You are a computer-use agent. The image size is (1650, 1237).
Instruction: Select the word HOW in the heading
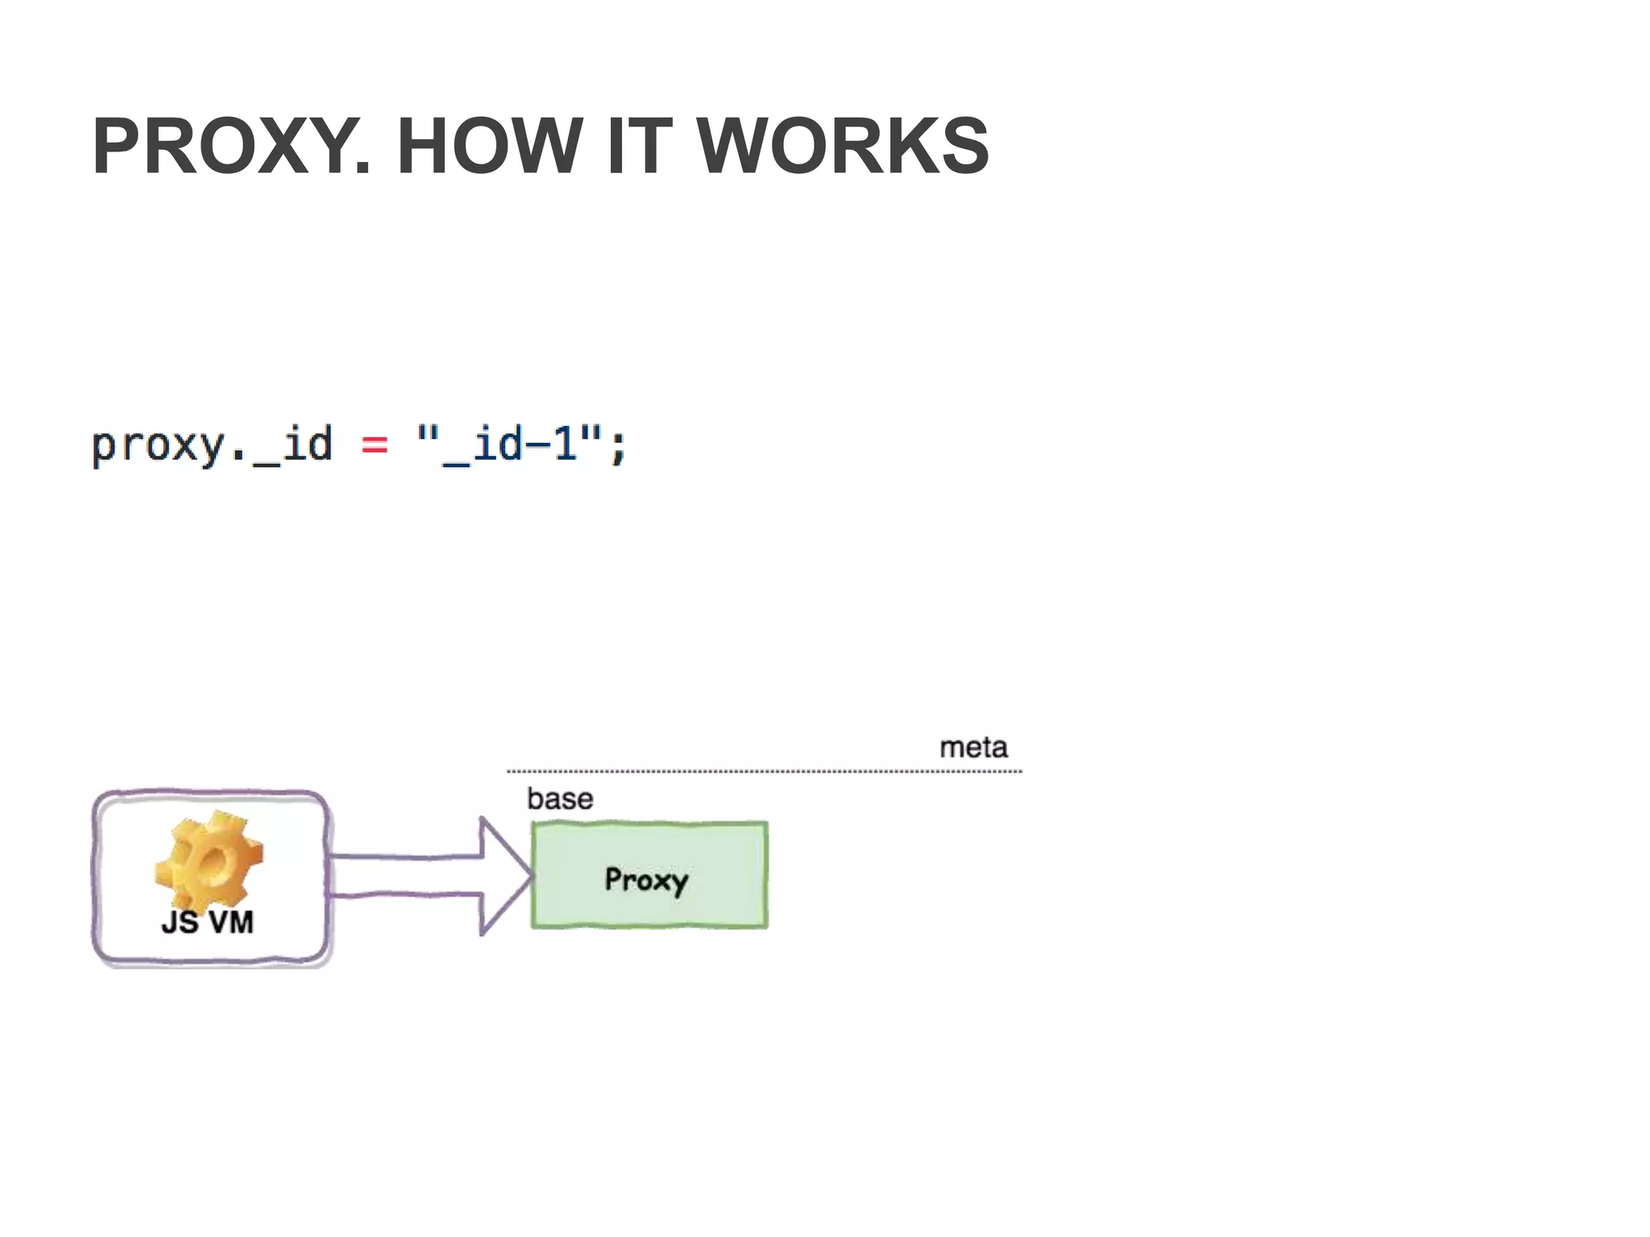click(489, 146)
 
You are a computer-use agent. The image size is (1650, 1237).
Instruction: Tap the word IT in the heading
click(639, 146)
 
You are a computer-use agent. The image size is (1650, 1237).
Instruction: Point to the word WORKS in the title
click(842, 146)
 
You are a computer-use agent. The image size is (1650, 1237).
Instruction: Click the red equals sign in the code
click(374, 445)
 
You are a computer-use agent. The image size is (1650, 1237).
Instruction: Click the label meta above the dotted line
click(973, 747)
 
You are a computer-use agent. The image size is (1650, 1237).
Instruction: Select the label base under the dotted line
click(560, 799)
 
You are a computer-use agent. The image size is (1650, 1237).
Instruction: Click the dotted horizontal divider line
click(764, 772)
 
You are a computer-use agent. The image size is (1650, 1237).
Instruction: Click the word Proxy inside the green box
click(646, 879)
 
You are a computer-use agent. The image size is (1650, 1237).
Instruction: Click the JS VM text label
click(207, 922)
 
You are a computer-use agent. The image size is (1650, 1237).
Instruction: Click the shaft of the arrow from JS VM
click(403, 875)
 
